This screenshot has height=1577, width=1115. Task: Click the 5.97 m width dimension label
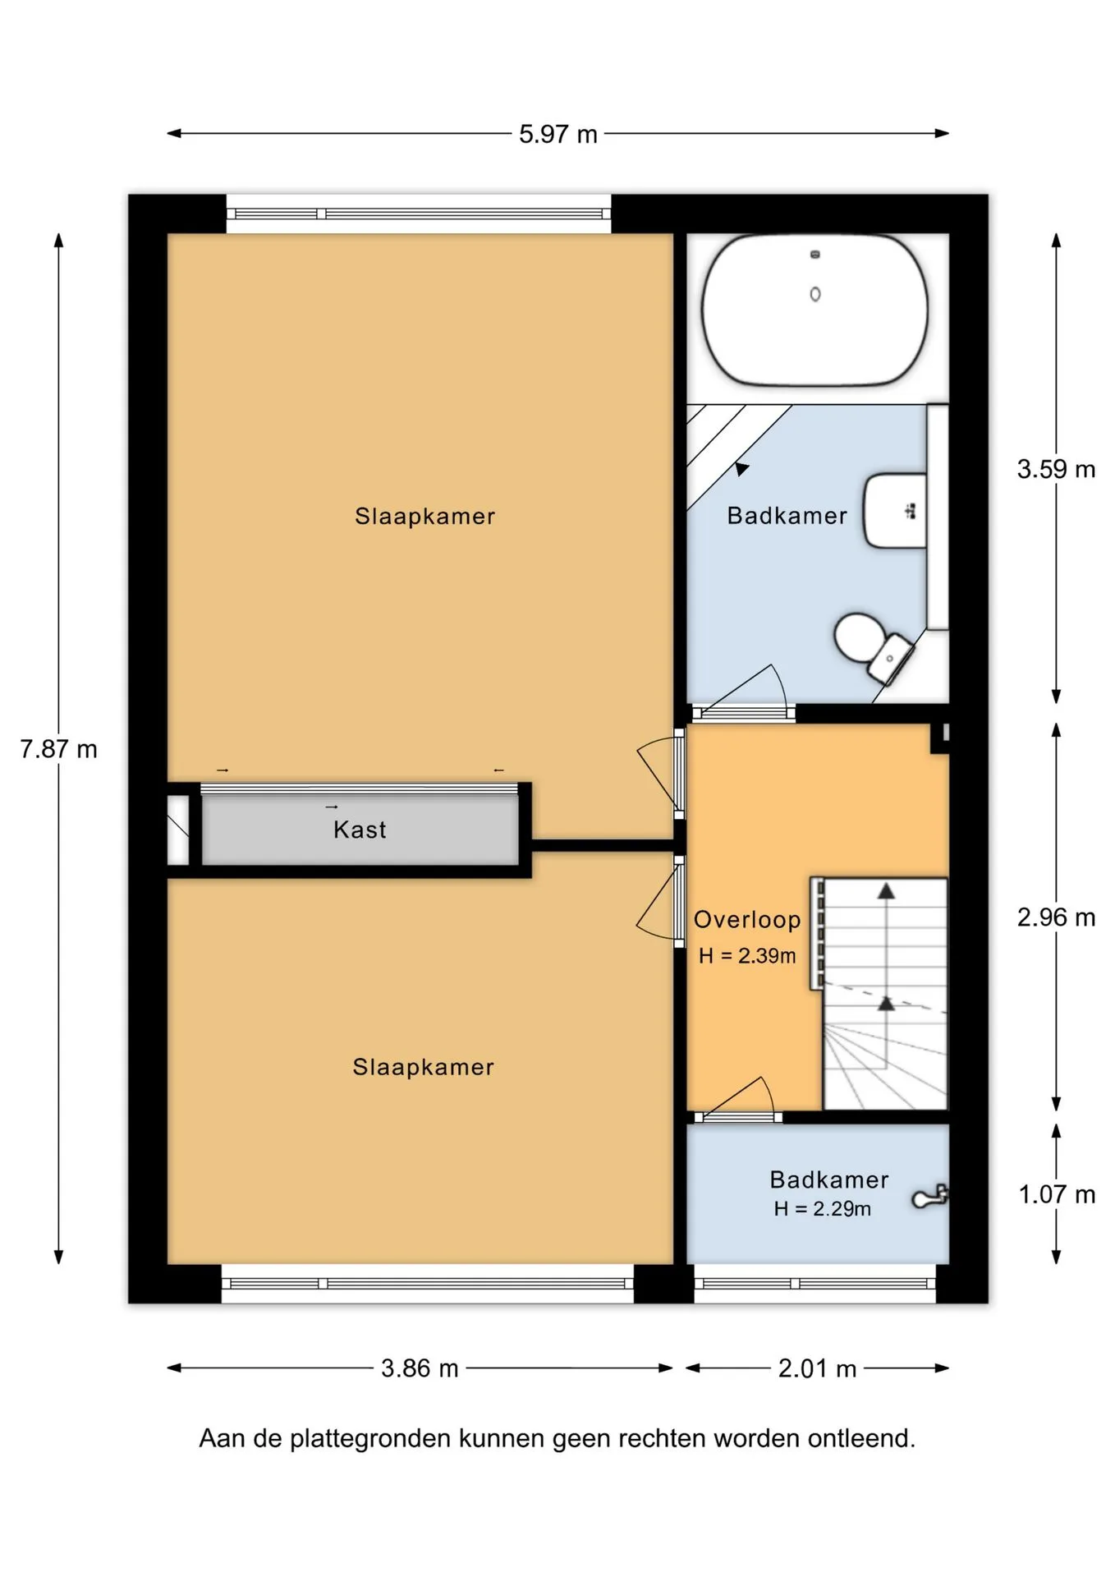pos(557,134)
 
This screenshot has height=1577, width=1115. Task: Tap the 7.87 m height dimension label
pos(58,749)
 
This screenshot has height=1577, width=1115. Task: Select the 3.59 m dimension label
pos(1056,469)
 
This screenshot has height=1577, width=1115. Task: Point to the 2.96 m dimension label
pos(1056,917)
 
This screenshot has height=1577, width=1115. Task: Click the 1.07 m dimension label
pos(1057,1194)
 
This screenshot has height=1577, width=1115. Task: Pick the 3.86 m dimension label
pos(420,1368)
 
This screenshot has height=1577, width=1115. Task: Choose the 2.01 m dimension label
pos(817,1368)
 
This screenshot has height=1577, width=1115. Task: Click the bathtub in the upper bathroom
pos(814,310)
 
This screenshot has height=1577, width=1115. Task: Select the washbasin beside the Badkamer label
pos(895,510)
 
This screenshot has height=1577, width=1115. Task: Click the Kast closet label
pos(360,830)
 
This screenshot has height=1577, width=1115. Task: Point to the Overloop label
pos(747,920)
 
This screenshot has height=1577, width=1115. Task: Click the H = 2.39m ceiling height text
pos(747,956)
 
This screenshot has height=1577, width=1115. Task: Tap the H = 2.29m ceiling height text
pos(823,1209)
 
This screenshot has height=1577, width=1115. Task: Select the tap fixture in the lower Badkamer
pos(930,1197)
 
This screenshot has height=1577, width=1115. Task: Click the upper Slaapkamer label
pos(425,517)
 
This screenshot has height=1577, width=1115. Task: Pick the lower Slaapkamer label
pos(424,1068)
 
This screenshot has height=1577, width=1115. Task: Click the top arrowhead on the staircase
pos(886,891)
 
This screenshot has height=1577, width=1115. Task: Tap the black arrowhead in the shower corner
pos(742,469)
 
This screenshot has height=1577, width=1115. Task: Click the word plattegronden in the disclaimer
pos(372,1439)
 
